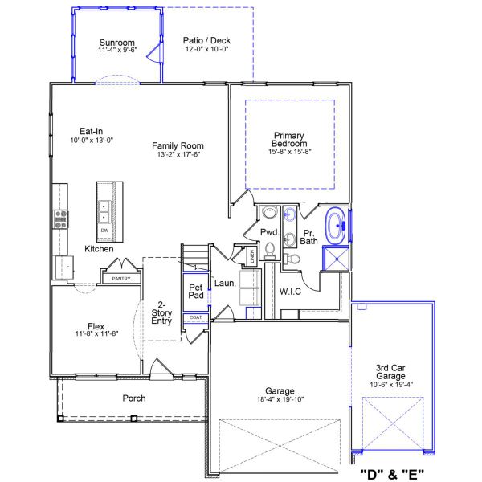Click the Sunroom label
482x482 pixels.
tap(116, 43)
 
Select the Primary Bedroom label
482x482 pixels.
tap(289, 140)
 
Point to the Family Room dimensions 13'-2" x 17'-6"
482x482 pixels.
tap(178, 154)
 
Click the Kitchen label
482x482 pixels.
tap(100, 249)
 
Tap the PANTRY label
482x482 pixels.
tap(120, 279)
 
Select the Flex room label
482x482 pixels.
tap(96, 326)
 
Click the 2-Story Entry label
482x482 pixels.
tap(161, 312)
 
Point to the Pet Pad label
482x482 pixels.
tap(195, 292)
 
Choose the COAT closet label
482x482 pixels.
tap(196, 317)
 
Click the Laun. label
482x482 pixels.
tap(224, 284)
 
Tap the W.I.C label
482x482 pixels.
tap(290, 291)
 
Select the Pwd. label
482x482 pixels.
tap(268, 231)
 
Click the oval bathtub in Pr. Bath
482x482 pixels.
tap(336, 226)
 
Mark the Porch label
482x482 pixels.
tap(134, 398)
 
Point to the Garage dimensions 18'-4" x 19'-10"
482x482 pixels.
tap(280, 398)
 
